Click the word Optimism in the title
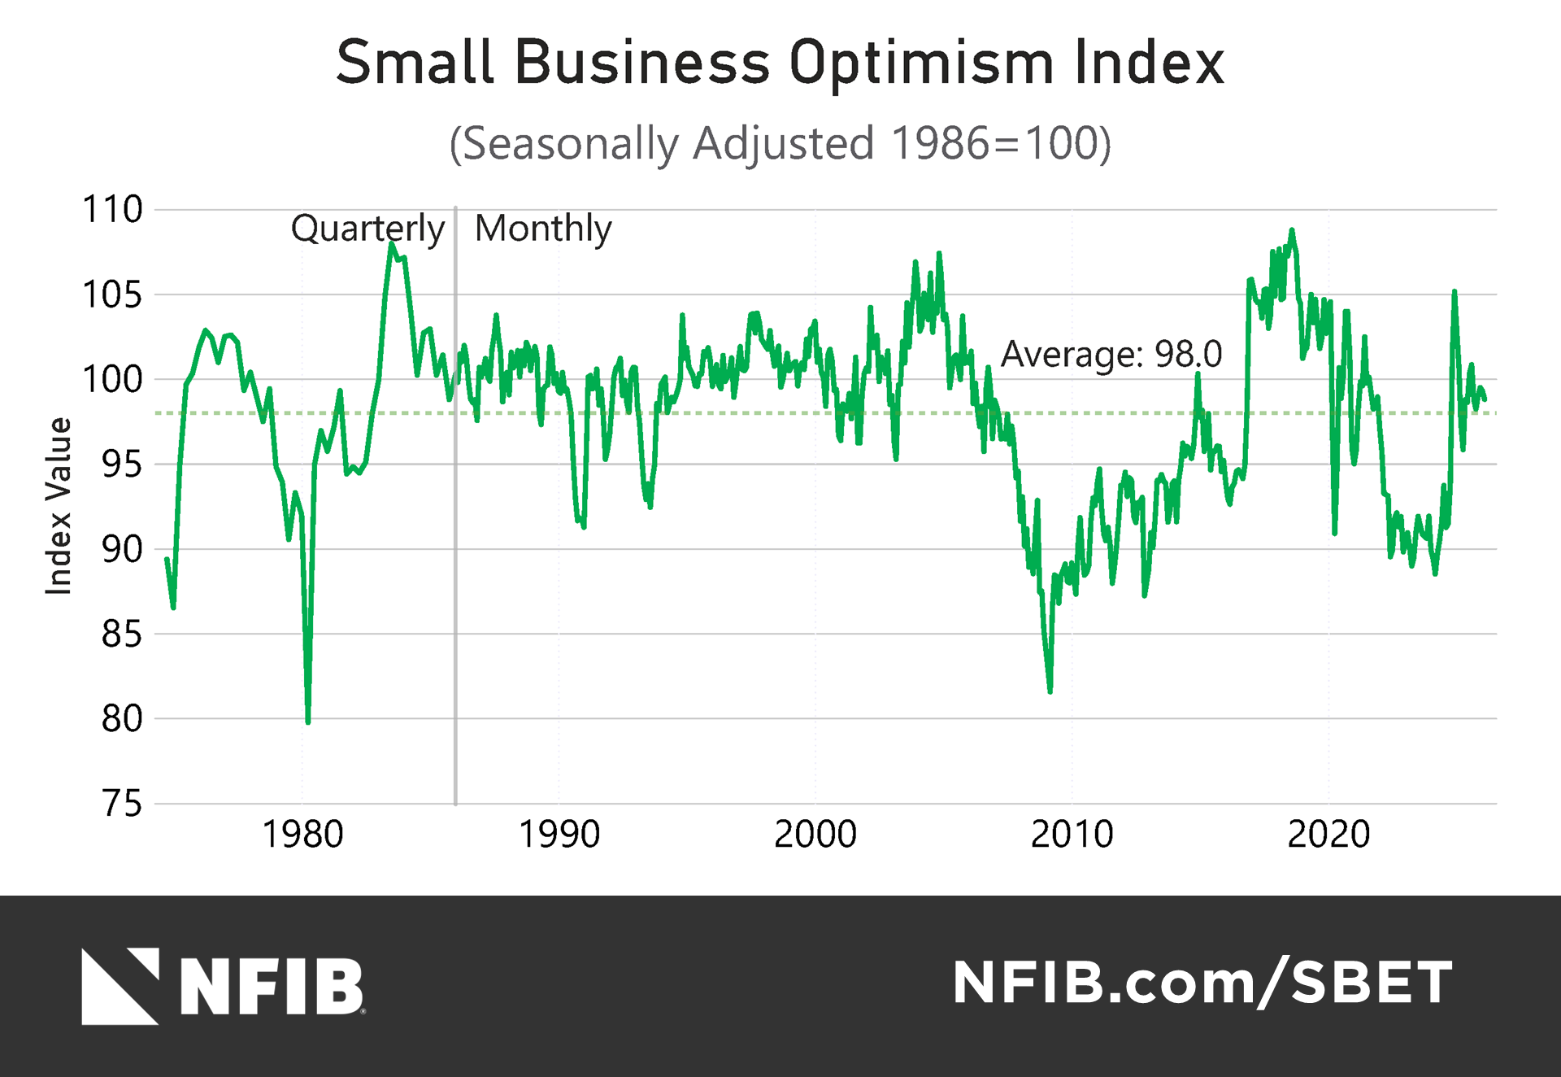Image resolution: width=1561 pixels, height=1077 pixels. (x=921, y=63)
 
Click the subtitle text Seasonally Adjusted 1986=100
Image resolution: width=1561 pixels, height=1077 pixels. (x=780, y=144)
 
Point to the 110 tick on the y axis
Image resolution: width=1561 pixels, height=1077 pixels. (x=112, y=210)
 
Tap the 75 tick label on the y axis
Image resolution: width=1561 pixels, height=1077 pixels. (x=122, y=804)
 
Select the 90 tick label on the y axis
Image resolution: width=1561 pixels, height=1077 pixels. (x=122, y=550)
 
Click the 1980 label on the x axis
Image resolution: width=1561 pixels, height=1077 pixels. (x=302, y=835)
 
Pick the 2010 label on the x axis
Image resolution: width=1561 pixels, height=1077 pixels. (x=1072, y=835)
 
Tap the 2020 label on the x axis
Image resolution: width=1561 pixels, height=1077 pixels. (x=1328, y=835)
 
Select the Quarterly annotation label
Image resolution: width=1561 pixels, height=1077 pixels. (x=367, y=229)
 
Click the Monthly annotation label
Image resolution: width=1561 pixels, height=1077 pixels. (x=543, y=229)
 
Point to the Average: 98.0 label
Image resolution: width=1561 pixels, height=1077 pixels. (x=1111, y=354)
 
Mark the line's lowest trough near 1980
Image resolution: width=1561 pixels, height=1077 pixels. (x=308, y=721)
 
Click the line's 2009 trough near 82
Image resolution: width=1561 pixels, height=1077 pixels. (x=1050, y=691)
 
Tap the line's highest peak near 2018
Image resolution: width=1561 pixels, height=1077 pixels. (x=1292, y=231)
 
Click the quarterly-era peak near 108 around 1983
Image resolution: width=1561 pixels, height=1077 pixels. (x=391, y=243)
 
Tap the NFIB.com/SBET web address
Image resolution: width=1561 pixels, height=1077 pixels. (x=1202, y=983)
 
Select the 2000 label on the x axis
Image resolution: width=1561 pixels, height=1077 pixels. (x=815, y=835)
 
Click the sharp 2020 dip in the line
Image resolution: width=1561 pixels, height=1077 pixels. (x=1335, y=533)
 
